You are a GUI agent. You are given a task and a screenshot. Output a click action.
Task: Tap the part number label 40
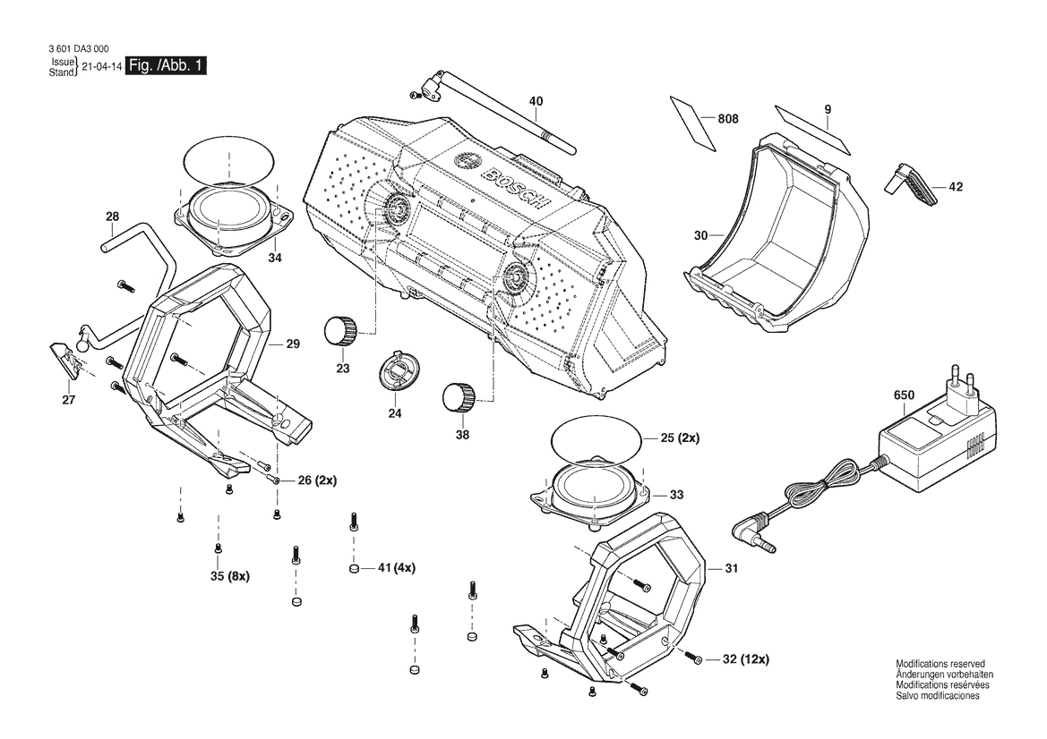click(536, 101)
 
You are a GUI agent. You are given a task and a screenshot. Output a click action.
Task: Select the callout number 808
click(728, 119)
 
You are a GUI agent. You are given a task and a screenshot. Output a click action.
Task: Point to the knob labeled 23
click(339, 330)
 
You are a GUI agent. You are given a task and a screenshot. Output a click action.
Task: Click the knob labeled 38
click(458, 397)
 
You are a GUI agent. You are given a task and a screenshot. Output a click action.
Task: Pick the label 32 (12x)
click(746, 659)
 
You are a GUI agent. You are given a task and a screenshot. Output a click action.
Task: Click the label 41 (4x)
click(397, 567)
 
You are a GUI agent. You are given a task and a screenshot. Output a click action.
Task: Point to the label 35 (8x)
click(229, 575)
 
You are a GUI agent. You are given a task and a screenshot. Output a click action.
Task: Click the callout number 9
click(828, 109)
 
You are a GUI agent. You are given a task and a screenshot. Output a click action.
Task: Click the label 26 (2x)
click(317, 480)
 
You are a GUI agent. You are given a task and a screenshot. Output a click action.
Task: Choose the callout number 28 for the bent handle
click(112, 217)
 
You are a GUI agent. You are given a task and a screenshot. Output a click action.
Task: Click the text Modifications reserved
click(940, 665)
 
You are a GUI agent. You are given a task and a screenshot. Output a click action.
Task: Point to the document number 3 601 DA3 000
click(79, 48)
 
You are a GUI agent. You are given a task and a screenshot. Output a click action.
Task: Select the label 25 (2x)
click(680, 438)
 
